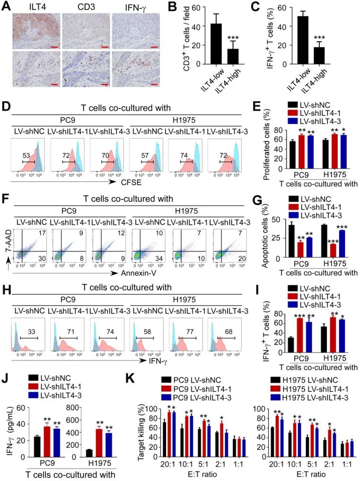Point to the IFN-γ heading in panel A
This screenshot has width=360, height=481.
(x=126, y=7)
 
